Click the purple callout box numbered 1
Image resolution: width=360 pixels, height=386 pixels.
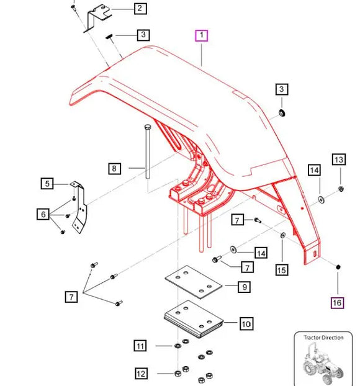[202, 35]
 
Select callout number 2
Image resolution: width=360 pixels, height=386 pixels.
[140, 8]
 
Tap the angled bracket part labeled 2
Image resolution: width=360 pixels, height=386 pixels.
[96, 16]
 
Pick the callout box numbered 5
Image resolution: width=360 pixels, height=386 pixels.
[46, 183]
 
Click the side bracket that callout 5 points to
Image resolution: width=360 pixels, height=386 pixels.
[79, 211]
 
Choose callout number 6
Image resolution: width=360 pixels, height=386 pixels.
[43, 215]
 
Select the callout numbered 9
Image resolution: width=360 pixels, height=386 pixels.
[245, 287]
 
